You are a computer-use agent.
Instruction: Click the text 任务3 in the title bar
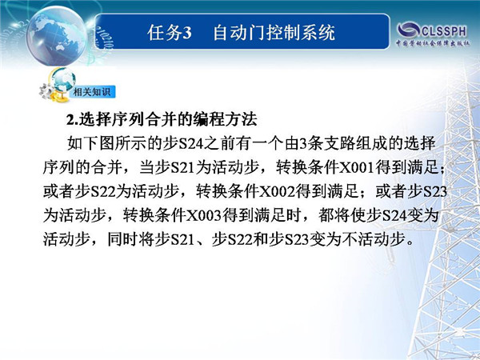coord(170,33)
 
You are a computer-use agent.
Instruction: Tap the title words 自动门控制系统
coord(274,33)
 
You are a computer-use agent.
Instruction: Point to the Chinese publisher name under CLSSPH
coord(433,43)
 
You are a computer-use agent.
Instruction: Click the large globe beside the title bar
coord(57,36)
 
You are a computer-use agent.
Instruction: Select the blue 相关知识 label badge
coord(93,92)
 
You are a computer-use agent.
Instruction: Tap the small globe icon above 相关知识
coord(63,80)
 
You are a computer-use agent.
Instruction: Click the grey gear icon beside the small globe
coord(46,91)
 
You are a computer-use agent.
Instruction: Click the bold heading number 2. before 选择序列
coord(72,120)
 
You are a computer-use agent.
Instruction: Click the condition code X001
coord(358,167)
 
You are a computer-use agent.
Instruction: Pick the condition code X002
coord(278,192)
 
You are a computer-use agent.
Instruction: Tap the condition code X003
coord(204,215)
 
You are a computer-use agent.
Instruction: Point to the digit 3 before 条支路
coord(303,144)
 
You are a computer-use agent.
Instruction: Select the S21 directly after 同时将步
coord(182,240)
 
